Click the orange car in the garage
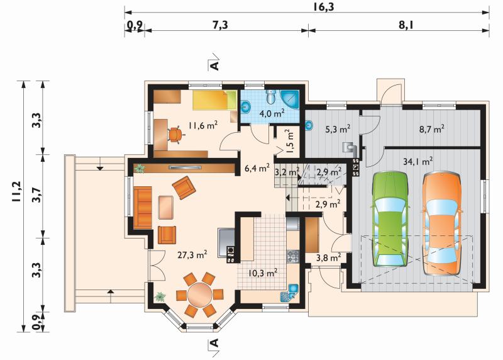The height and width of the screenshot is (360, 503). click(442, 224)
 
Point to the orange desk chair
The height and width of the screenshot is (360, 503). click(175, 134)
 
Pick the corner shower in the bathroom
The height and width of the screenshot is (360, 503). click(290, 99)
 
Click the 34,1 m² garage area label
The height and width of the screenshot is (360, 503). click(417, 161)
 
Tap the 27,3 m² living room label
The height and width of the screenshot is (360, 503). click(192, 255)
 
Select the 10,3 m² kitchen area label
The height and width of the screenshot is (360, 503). click(263, 273)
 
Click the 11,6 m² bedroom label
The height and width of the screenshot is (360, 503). click(203, 125)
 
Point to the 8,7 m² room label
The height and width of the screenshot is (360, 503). click(432, 129)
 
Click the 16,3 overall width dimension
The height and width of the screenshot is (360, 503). click(323, 6)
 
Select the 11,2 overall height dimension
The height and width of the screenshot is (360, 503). click(16, 192)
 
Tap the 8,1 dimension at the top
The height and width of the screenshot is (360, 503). click(405, 25)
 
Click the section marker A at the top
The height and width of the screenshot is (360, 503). click(214, 65)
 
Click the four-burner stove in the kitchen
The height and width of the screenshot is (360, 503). click(293, 256)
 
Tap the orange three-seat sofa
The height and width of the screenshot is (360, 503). click(143, 208)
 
